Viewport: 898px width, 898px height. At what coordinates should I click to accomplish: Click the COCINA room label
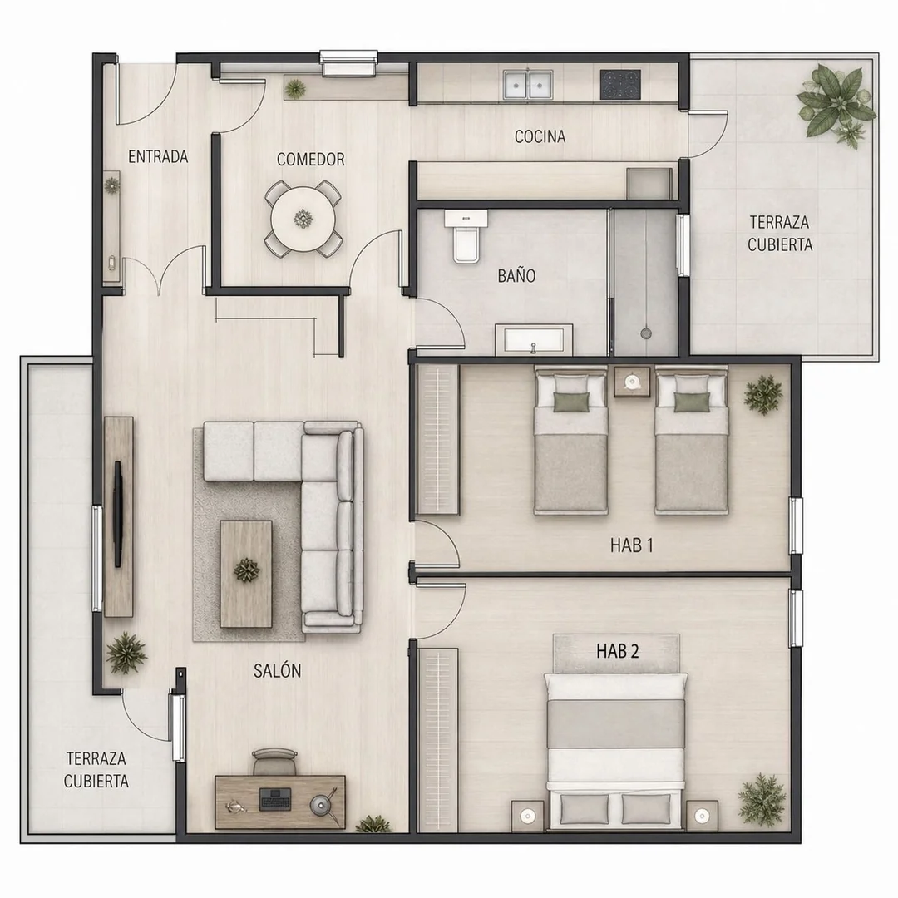540,136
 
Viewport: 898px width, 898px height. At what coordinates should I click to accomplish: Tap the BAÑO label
516,276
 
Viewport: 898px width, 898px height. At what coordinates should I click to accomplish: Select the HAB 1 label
632,545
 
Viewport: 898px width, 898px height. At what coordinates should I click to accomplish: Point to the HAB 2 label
617,651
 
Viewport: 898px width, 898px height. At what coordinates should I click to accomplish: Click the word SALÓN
277,671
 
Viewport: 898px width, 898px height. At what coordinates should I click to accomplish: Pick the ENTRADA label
158,156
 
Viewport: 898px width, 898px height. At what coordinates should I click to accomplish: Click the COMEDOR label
310,159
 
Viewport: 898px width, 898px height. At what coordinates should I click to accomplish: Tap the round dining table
303,218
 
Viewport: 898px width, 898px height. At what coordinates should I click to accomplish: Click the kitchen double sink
528,85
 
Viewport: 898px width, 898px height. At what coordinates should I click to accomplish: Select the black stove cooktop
620,84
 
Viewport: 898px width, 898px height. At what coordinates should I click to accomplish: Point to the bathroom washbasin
534,339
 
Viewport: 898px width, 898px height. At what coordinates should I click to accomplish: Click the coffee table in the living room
246,573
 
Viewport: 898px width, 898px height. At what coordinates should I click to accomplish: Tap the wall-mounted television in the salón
119,514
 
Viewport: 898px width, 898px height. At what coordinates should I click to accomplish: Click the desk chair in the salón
274,761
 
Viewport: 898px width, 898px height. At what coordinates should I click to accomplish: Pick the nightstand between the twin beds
632,382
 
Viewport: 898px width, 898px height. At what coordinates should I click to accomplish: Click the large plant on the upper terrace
836,101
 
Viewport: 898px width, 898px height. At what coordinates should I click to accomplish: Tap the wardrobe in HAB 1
437,439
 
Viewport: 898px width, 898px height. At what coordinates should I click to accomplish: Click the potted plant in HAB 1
762,394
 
